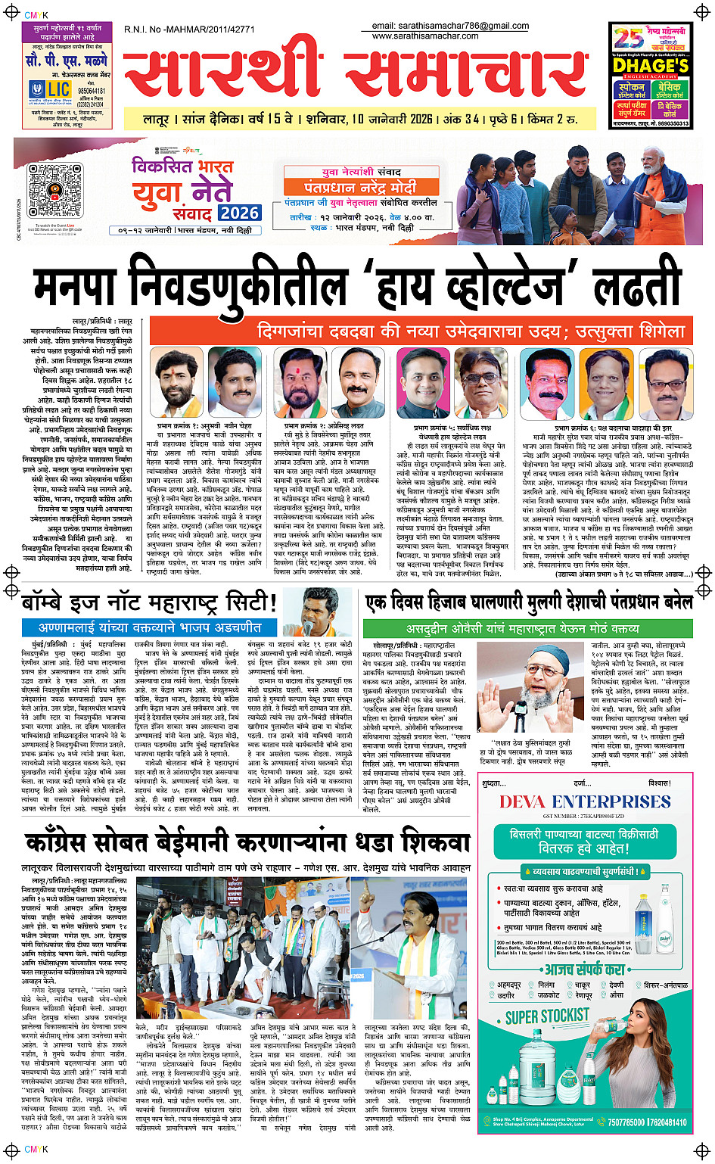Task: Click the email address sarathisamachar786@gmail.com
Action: click(450, 26)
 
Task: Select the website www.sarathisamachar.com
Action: click(425, 36)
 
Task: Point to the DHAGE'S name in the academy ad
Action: click(651, 66)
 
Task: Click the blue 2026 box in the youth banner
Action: click(239, 213)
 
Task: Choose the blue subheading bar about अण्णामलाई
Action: click(150, 627)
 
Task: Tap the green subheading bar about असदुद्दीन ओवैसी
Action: click(522, 628)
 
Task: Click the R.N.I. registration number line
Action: click(189, 30)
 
